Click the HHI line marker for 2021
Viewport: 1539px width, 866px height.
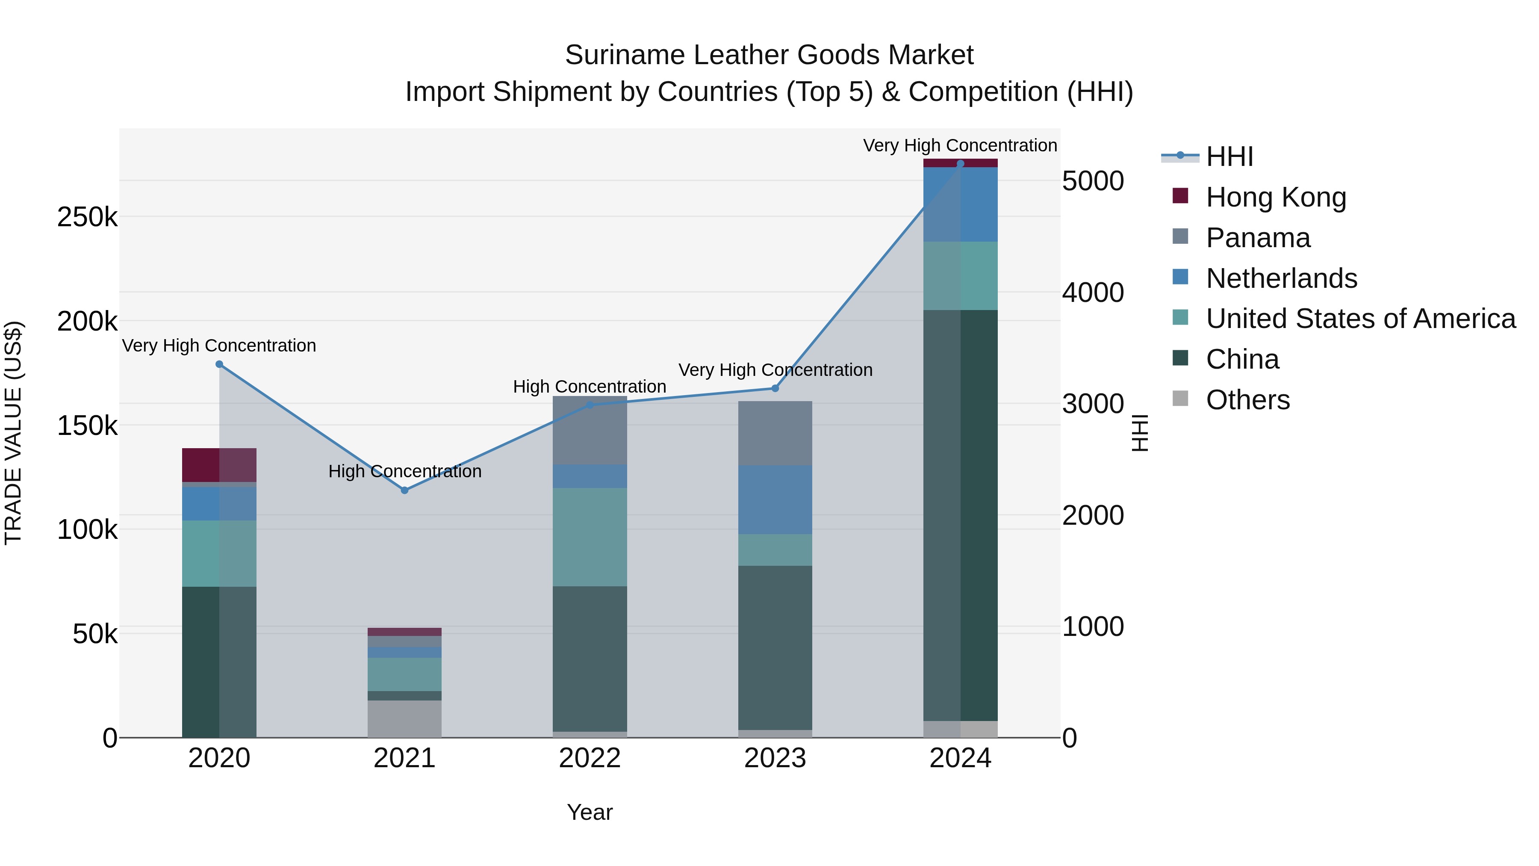(x=404, y=490)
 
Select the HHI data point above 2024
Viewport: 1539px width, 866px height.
(x=960, y=164)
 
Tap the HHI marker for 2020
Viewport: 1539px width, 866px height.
(x=219, y=364)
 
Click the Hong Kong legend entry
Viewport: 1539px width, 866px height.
(x=1276, y=197)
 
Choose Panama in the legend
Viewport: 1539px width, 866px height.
(x=1258, y=238)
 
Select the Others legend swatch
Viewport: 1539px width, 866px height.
(x=1180, y=399)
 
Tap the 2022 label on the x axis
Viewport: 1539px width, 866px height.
(x=590, y=758)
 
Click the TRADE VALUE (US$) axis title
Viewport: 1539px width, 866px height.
(x=13, y=433)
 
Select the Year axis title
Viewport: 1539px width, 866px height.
(x=590, y=812)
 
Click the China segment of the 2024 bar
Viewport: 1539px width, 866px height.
(x=960, y=514)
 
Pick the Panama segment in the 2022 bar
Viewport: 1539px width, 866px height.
(x=590, y=430)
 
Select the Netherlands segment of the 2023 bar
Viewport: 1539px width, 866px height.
(x=775, y=500)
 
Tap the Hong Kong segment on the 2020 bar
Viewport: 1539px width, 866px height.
(x=219, y=465)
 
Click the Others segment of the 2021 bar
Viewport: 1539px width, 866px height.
(x=404, y=718)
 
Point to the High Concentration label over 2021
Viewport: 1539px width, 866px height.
(x=404, y=472)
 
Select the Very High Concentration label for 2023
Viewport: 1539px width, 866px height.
(x=775, y=370)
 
